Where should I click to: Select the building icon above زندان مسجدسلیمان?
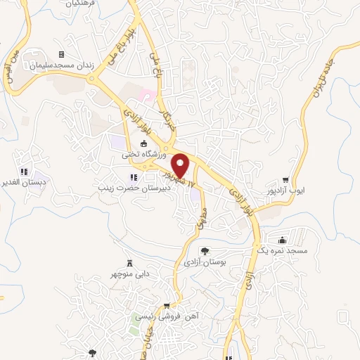(61, 54)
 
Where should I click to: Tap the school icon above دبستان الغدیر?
(23, 171)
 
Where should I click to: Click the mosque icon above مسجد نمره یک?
(282, 240)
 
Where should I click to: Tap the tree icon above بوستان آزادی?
(205, 251)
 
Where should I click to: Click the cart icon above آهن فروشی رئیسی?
(167, 306)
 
